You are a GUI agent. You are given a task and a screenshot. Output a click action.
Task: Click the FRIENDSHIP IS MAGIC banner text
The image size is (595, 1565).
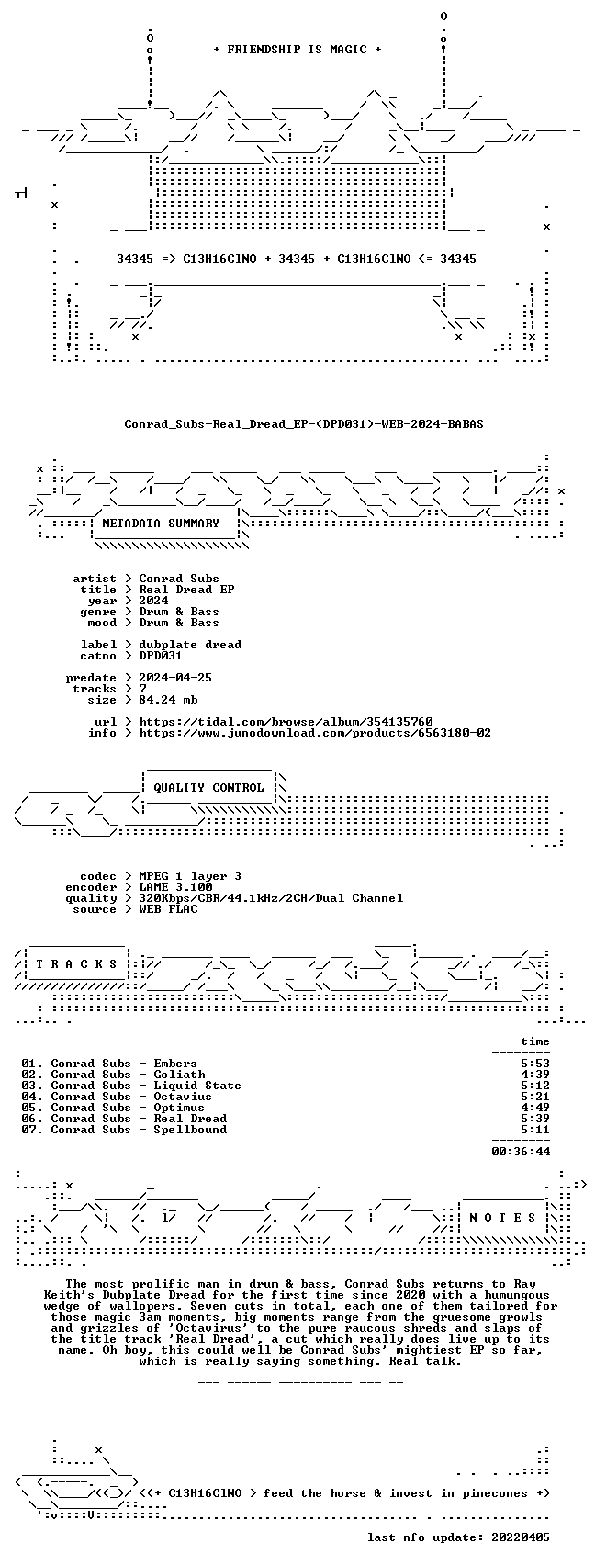[x=297, y=50]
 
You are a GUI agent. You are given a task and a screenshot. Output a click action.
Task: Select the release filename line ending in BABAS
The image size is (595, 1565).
[x=304, y=424]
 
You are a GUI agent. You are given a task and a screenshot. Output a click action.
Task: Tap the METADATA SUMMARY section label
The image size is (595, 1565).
[x=161, y=524]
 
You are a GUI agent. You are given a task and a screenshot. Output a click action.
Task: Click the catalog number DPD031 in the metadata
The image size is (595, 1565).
[x=161, y=656]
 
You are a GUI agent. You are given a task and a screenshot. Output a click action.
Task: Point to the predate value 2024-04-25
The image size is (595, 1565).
[x=175, y=678]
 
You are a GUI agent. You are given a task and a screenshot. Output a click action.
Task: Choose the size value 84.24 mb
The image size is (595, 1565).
[x=168, y=700]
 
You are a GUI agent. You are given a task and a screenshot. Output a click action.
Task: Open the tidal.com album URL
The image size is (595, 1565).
[x=286, y=722]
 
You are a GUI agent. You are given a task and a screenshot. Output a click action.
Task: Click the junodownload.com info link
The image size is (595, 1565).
[x=315, y=733]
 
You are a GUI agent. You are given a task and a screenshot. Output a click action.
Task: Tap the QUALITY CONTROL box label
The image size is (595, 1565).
[x=208, y=788]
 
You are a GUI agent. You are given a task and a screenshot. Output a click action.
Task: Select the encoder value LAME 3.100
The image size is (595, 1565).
[x=175, y=887]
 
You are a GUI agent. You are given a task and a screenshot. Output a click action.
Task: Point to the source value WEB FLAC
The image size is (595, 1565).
[x=168, y=909]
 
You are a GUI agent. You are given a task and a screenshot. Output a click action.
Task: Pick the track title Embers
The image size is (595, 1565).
[x=175, y=1064]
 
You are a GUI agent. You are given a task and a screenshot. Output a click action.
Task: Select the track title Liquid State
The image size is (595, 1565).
[x=197, y=1086]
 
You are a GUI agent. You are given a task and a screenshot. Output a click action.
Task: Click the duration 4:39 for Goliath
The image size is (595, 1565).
[x=535, y=1075]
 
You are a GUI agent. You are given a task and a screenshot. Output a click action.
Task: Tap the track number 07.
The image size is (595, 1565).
[x=30, y=1130]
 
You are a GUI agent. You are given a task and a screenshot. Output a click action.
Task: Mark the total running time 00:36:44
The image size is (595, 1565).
[x=521, y=1152]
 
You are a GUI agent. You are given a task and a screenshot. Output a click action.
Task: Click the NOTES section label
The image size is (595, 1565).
[x=502, y=1218]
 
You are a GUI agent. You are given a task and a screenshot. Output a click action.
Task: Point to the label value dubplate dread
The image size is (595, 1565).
[x=190, y=645]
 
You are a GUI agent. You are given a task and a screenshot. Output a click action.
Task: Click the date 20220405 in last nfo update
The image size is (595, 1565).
[x=521, y=1537]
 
